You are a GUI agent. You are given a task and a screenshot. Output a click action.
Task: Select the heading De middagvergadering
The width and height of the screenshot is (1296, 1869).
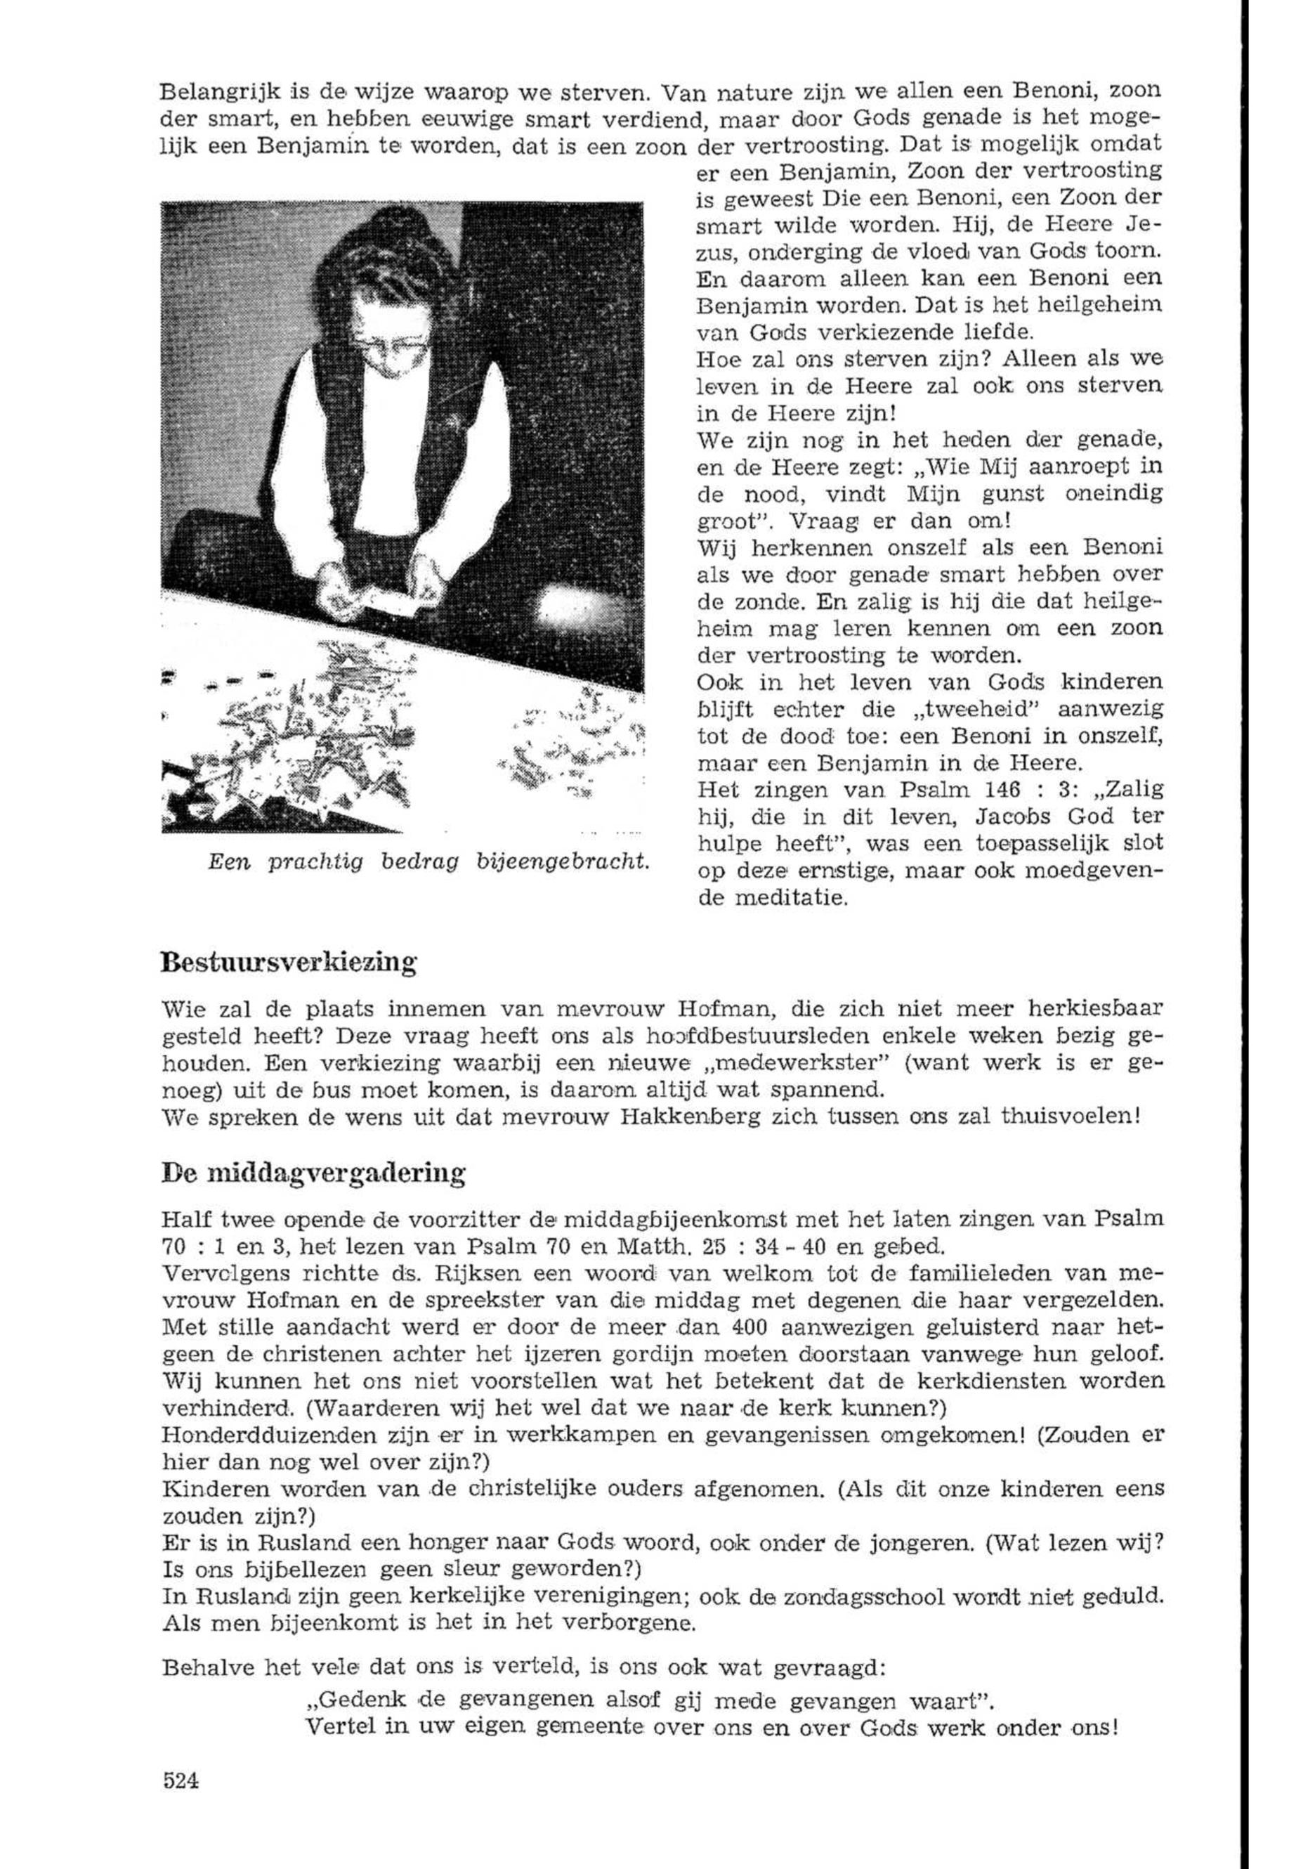[313, 1173]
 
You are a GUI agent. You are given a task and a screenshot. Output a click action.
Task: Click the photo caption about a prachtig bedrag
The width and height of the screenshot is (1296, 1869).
[430, 862]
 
